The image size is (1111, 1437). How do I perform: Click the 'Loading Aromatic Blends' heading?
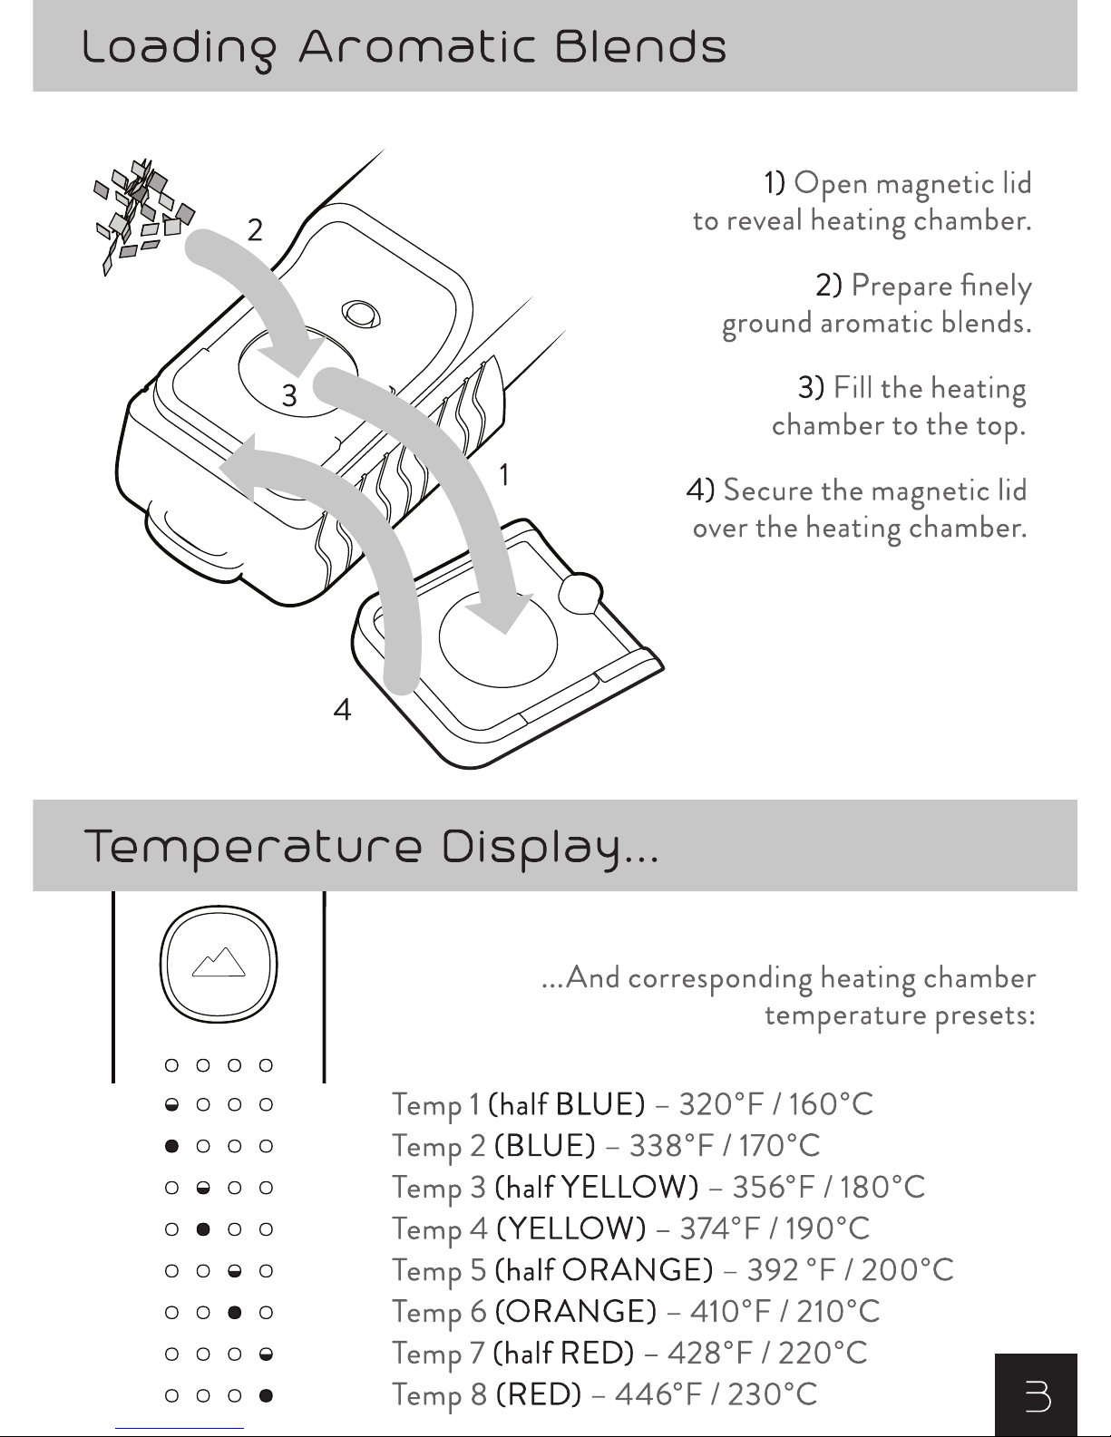(404, 47)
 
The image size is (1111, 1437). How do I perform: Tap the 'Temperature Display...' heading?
(372, 848)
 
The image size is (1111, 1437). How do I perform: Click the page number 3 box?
(1035, 1395)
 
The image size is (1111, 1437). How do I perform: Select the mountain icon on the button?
(219, 962)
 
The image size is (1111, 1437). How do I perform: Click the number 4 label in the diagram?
(342, 710)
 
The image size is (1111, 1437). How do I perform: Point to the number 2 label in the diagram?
(255, 230)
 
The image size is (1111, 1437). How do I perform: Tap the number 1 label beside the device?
(504, 474)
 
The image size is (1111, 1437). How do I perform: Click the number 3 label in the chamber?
(288, 395)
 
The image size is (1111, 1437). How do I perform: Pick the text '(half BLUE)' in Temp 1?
(566, 1104)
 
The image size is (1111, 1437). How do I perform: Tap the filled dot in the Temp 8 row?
(266, 1395)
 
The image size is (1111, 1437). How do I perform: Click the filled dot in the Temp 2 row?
(171, 1146)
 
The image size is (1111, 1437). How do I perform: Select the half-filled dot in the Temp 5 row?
(235, 1271)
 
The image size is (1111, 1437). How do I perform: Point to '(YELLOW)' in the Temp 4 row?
(571, 1228)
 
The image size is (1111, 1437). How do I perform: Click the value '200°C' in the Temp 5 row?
(907, 1270)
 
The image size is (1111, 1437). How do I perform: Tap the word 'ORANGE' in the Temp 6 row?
(576, 1311)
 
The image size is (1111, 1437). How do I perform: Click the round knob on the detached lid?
(579, 592)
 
